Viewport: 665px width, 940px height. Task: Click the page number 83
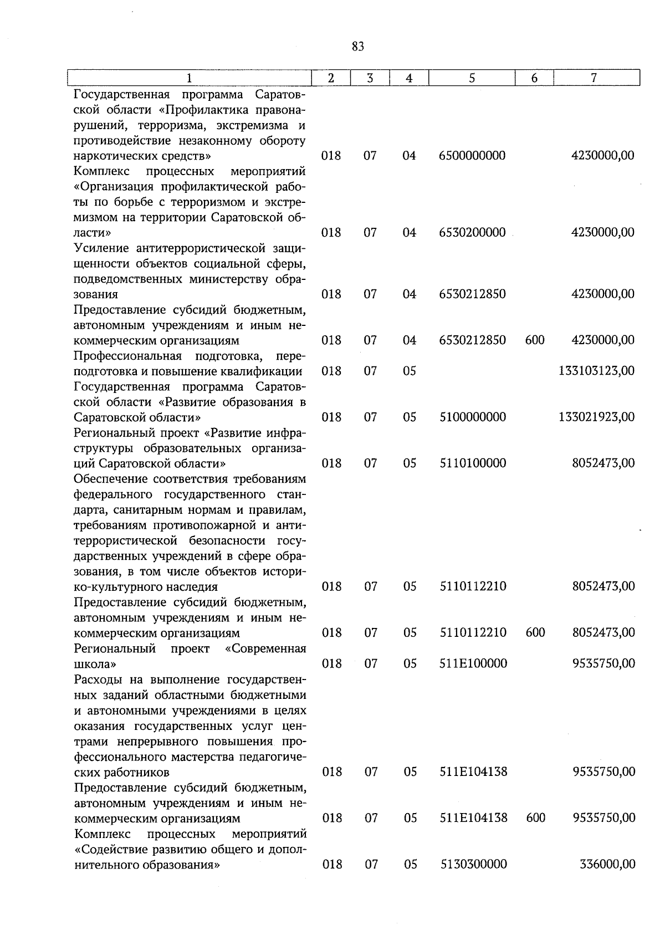[x=357, y=47]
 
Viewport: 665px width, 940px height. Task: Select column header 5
[x=472, y=78]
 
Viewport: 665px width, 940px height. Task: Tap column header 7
[x=594, y=78]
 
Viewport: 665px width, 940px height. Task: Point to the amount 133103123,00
[x=596, y=371]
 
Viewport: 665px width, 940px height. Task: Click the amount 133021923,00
[x=596, y=417]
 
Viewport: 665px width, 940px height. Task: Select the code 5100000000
[x=472, y=417]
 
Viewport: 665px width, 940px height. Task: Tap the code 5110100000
[x=472, y=463]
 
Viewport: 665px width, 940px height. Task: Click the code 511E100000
[x=473, y=663]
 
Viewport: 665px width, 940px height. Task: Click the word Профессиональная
[x=128, y=355]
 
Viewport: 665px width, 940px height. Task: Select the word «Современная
[x=265, y=648]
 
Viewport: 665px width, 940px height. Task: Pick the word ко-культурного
[x=115, y=586]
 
